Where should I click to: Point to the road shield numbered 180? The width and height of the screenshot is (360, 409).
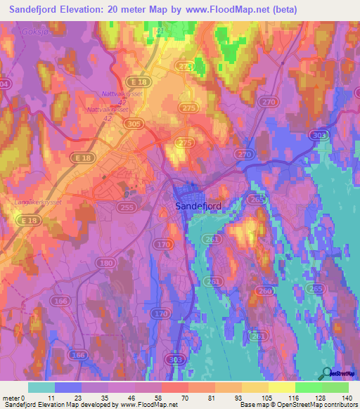coord(107,263)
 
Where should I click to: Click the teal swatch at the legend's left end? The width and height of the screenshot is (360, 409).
coord(41,387)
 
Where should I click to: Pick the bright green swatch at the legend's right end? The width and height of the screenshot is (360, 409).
coord(335,387)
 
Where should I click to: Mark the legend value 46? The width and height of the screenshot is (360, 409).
coord(136,398)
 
